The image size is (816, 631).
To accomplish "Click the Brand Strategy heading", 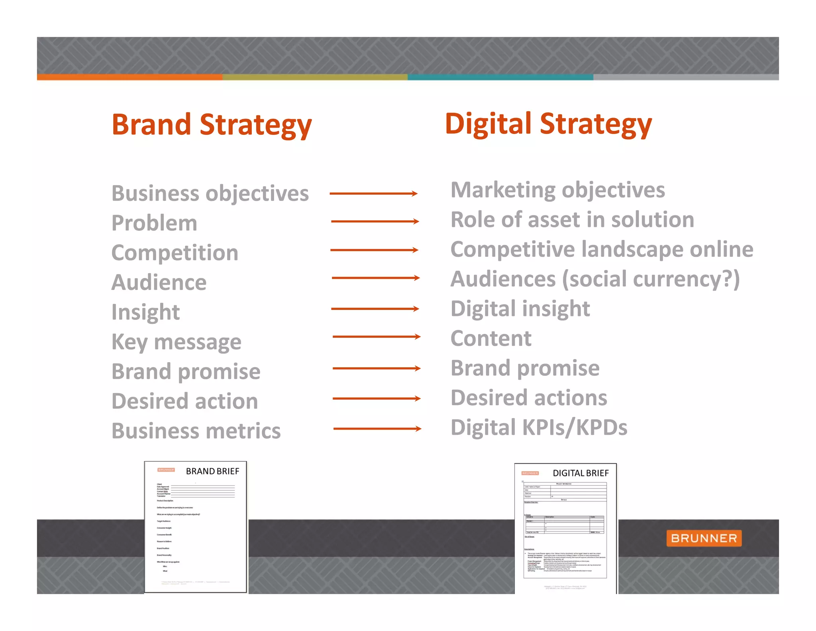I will click(x=212, y=124).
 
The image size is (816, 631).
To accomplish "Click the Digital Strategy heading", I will click(x=548, y=124).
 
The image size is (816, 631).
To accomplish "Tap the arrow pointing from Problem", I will click(x=375, y=221).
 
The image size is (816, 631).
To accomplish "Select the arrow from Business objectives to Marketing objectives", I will click(x=373, y=194).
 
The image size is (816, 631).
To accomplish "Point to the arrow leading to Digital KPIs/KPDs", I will click(x=377, y=429).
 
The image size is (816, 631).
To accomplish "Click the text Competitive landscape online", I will click(x=602, y=249).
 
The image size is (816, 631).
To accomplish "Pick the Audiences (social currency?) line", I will click(x=595, y=279).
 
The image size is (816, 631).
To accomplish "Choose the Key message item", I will click(x=176, y=342).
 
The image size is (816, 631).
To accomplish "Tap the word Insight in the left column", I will click(x=145, y=312).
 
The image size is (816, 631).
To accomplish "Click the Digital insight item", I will click(x=520, y=309).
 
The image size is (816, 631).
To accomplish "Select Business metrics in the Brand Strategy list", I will click(x=196, y=431).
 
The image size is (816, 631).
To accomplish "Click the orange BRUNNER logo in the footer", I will click(x=704, y=538).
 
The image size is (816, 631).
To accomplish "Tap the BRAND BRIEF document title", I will click(x=212, y=471).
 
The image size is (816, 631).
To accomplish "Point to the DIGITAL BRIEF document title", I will click(x=581, y=473).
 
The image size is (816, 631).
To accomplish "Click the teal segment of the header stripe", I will click(x=500, y=77).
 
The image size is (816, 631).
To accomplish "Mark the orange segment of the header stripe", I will click(x=129, y=77).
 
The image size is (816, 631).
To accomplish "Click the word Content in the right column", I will click(x=491, y=339).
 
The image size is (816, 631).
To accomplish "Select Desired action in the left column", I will click(x=184, y=401).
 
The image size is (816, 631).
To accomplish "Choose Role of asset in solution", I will click(x=572, y=220).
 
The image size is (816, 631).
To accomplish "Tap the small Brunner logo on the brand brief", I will click(x=166, y=470).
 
